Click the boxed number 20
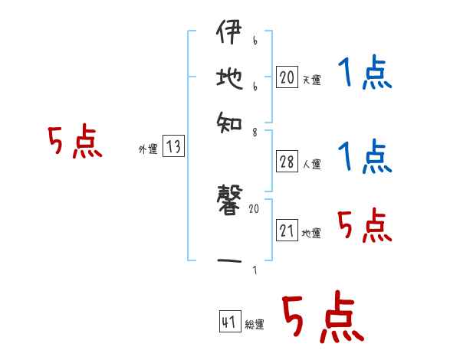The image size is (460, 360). [286, 77]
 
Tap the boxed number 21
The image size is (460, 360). [286, 231]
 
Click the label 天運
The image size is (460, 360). [311, 80]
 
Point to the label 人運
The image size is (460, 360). [311, 163]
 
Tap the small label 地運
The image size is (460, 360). [311, 234]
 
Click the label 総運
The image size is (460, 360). [255, 325]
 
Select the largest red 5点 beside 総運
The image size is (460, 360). [322, 318]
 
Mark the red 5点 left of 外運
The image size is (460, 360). [74, 142]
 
